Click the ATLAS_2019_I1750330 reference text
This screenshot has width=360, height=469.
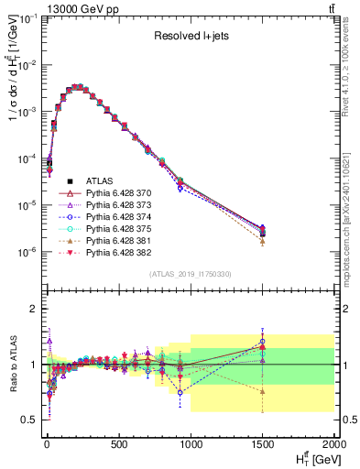(x=190, y=274)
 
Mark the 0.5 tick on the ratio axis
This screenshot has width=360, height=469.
(x=30, y=420)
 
